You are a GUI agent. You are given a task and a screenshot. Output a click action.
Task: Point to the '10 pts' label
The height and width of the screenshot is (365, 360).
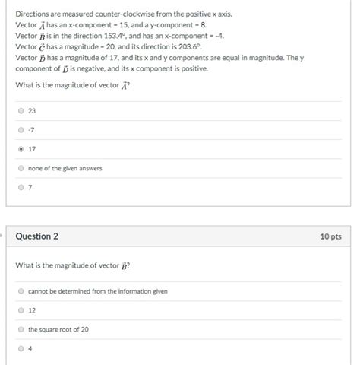pos(330,236)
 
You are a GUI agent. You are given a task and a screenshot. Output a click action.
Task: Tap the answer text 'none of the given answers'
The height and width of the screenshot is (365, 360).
pos(65,168)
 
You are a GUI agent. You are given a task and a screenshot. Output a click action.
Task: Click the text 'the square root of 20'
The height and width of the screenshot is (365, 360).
pos(58,329)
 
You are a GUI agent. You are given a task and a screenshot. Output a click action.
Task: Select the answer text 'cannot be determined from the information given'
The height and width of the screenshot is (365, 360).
pos(98,291)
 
